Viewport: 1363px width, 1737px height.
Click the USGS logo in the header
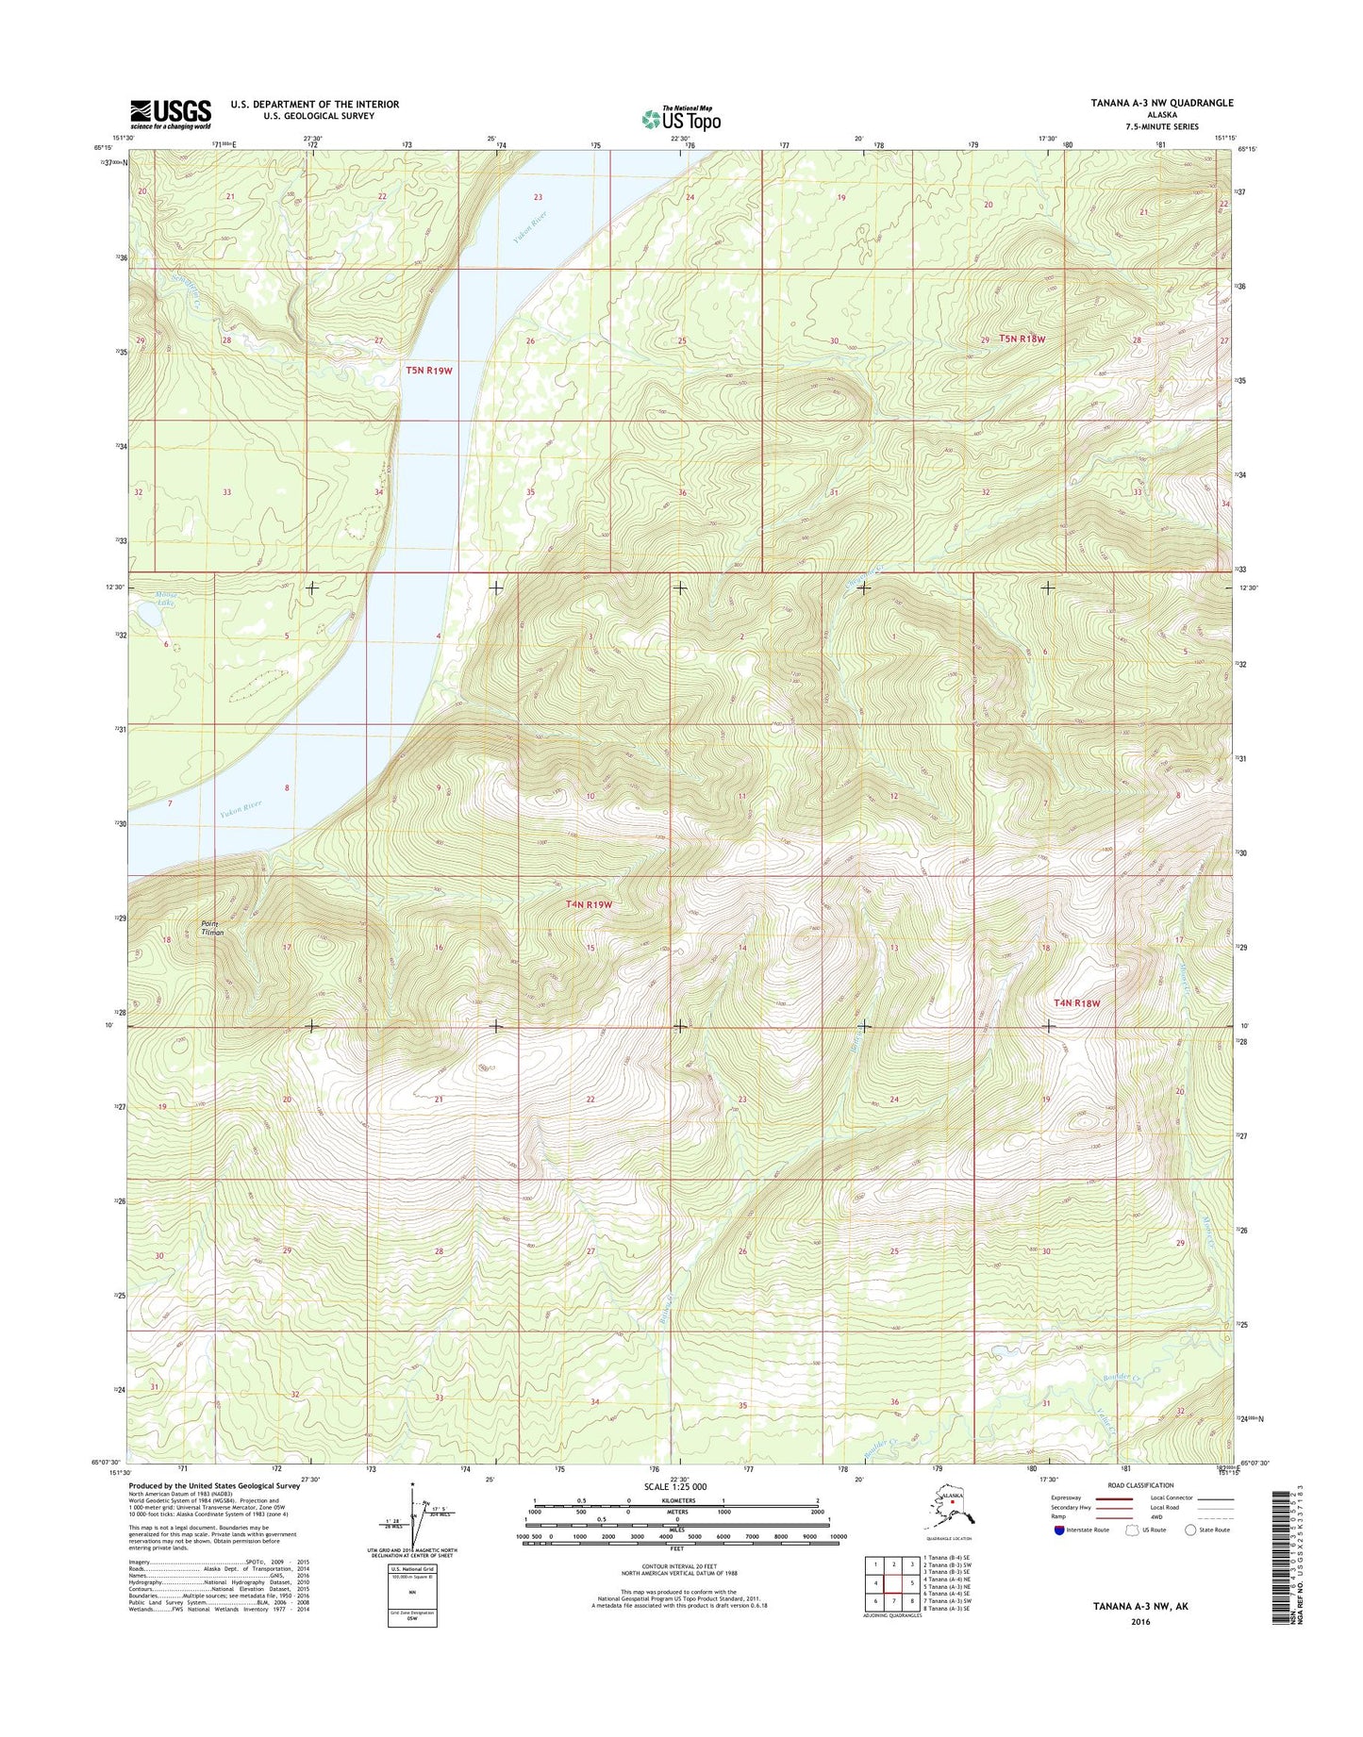(x=170, y=113)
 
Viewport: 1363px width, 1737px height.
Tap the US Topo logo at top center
(x=681, y=119)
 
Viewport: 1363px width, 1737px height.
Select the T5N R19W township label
(x=429, y=371)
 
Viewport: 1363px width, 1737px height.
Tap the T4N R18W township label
(x=1076, y=1002)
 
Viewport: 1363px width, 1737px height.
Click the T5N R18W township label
(x=1022, y=339)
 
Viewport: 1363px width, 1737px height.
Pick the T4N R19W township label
(x=589, y=904)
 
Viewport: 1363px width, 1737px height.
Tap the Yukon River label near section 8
(x=241, y=808)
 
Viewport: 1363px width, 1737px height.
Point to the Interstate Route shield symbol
(x=1059, y=1530)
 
